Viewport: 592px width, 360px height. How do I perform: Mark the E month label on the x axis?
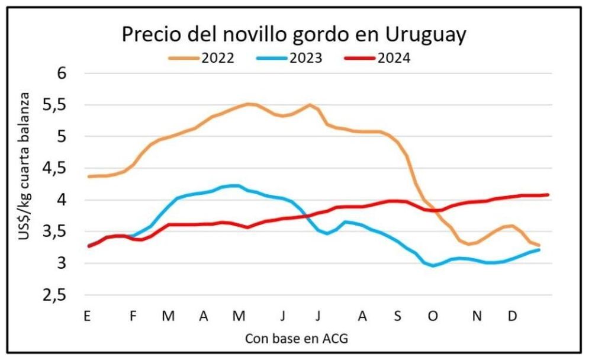[87, 317]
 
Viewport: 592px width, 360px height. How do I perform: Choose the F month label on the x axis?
[133, 317]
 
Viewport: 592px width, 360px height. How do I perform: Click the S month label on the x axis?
[397, 317]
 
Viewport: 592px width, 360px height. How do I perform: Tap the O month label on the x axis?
[433, 317]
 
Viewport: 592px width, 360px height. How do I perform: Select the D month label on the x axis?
[513, 317]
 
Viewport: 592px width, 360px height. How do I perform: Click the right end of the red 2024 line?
[548, 194]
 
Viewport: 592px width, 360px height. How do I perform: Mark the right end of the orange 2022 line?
[539, 245]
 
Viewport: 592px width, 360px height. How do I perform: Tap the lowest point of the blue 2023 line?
[433, 266]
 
